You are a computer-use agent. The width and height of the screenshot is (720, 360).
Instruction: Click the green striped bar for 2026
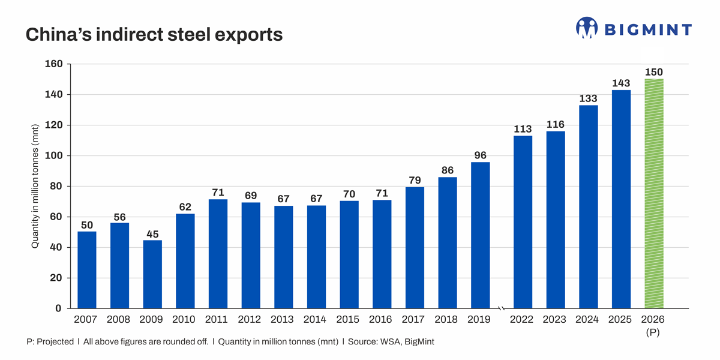pos(653,193)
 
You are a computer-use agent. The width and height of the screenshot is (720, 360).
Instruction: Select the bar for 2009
pos(152,274)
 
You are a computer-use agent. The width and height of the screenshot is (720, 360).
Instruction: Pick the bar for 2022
pos(523,222)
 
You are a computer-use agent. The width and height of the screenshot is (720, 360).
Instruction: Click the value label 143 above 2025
pos(621,83)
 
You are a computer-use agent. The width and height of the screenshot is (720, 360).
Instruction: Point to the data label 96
pos(480,155)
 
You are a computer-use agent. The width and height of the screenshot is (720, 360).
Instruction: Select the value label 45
pos(152,233)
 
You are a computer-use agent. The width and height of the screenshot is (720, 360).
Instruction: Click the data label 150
pos(653,72)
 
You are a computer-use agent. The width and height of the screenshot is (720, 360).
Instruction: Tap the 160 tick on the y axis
pos(53,64)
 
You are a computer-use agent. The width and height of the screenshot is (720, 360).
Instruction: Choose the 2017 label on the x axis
pos(415,320)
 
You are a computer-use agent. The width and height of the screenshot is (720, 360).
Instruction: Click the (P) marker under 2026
pos(653,332)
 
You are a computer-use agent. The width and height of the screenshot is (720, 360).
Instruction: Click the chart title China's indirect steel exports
pos(154,35)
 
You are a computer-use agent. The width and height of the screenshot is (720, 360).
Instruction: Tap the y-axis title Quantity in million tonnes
pos(35,187)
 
